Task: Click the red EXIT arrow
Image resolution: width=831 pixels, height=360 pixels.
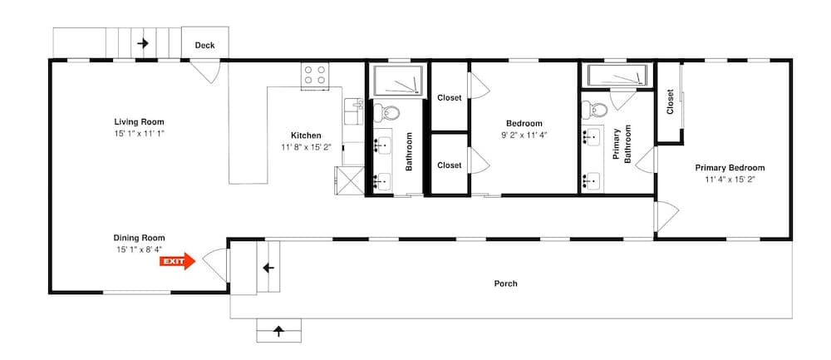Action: (x=177, y=262)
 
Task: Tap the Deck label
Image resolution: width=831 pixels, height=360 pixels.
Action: (x=205, y=46)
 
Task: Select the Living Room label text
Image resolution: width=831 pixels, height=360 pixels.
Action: (x=140, y=122)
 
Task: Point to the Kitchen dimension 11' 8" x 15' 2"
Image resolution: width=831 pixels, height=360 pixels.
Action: (x=306, y=147)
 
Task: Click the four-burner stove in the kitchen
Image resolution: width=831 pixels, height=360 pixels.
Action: (x=314, y=75)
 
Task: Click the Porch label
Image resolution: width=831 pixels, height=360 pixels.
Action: (x=505, y=284)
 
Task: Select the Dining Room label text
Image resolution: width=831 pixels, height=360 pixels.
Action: (x=140, y=237)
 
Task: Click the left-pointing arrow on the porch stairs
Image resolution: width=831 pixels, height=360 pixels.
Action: (x=268, y=269)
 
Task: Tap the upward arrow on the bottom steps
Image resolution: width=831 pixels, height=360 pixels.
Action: (x=278, y=332)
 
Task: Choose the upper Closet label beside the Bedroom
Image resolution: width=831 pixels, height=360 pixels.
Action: (x=450, y=97)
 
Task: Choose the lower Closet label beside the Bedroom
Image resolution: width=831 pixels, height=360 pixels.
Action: (x=450, y=165)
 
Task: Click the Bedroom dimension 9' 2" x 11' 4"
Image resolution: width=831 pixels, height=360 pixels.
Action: (x=524, y=134)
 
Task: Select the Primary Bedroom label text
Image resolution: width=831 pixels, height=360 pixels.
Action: (x=730, y=167)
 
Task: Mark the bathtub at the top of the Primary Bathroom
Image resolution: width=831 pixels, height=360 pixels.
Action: (x=617, y=76)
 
